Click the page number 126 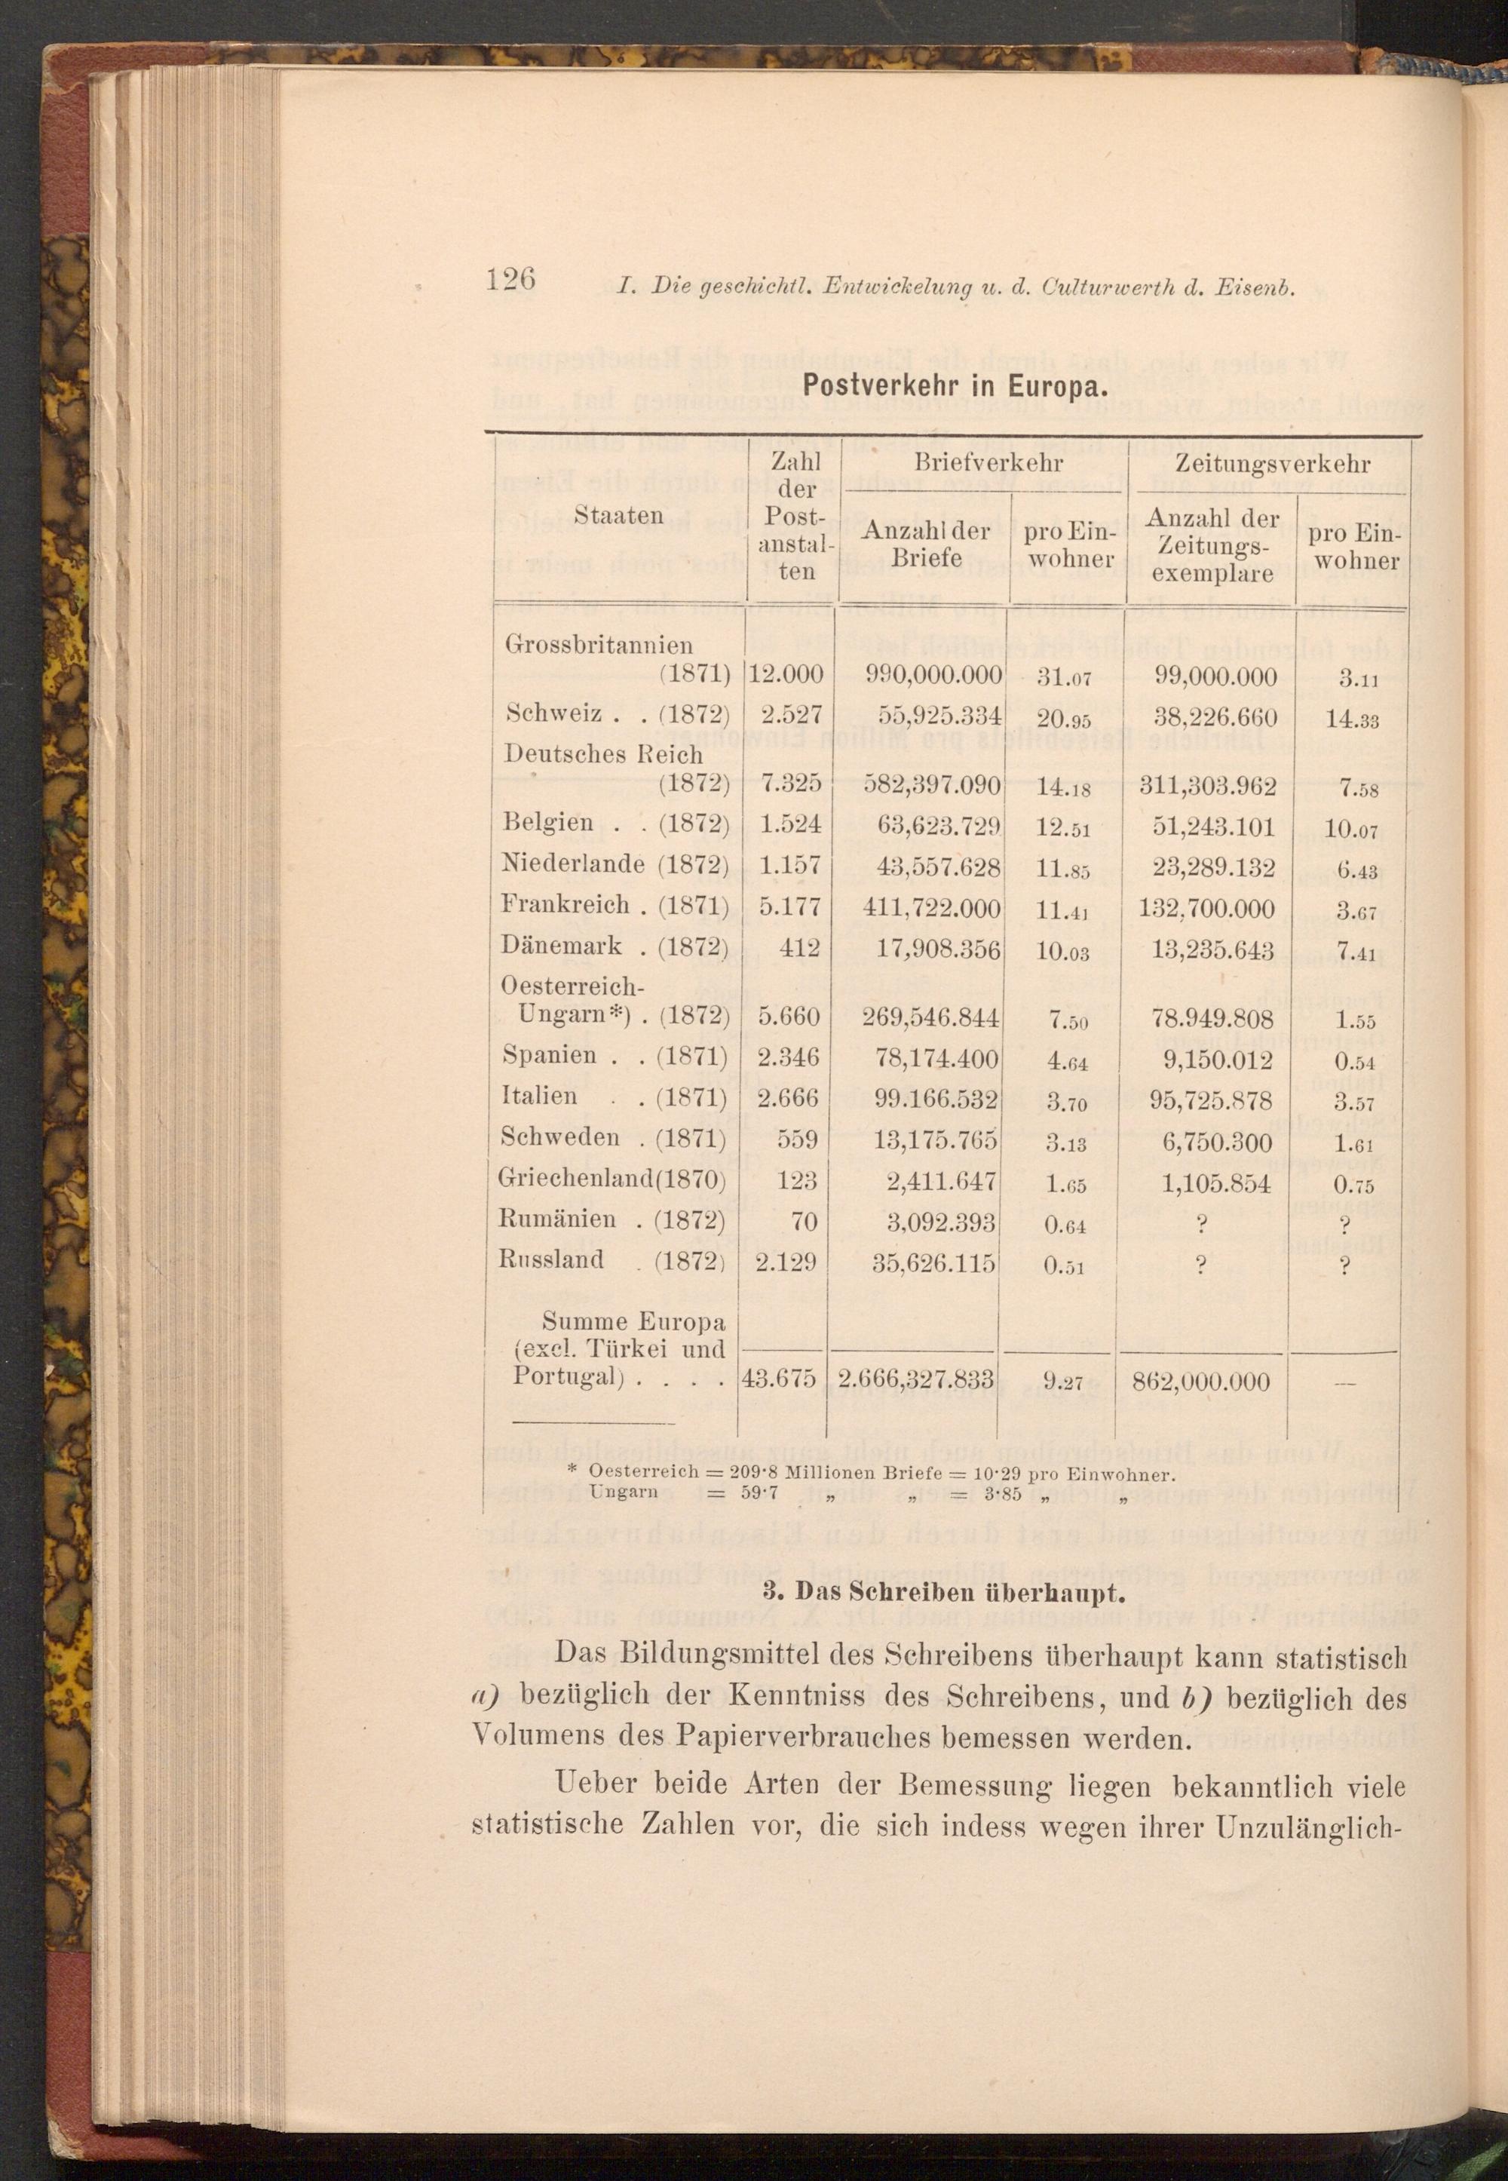510,280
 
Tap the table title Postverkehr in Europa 955,388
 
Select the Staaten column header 619,515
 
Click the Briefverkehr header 988,463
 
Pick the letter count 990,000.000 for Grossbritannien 933,675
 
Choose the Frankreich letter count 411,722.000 932,908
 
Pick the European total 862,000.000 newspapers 1200,1382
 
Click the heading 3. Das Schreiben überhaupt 944,1594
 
